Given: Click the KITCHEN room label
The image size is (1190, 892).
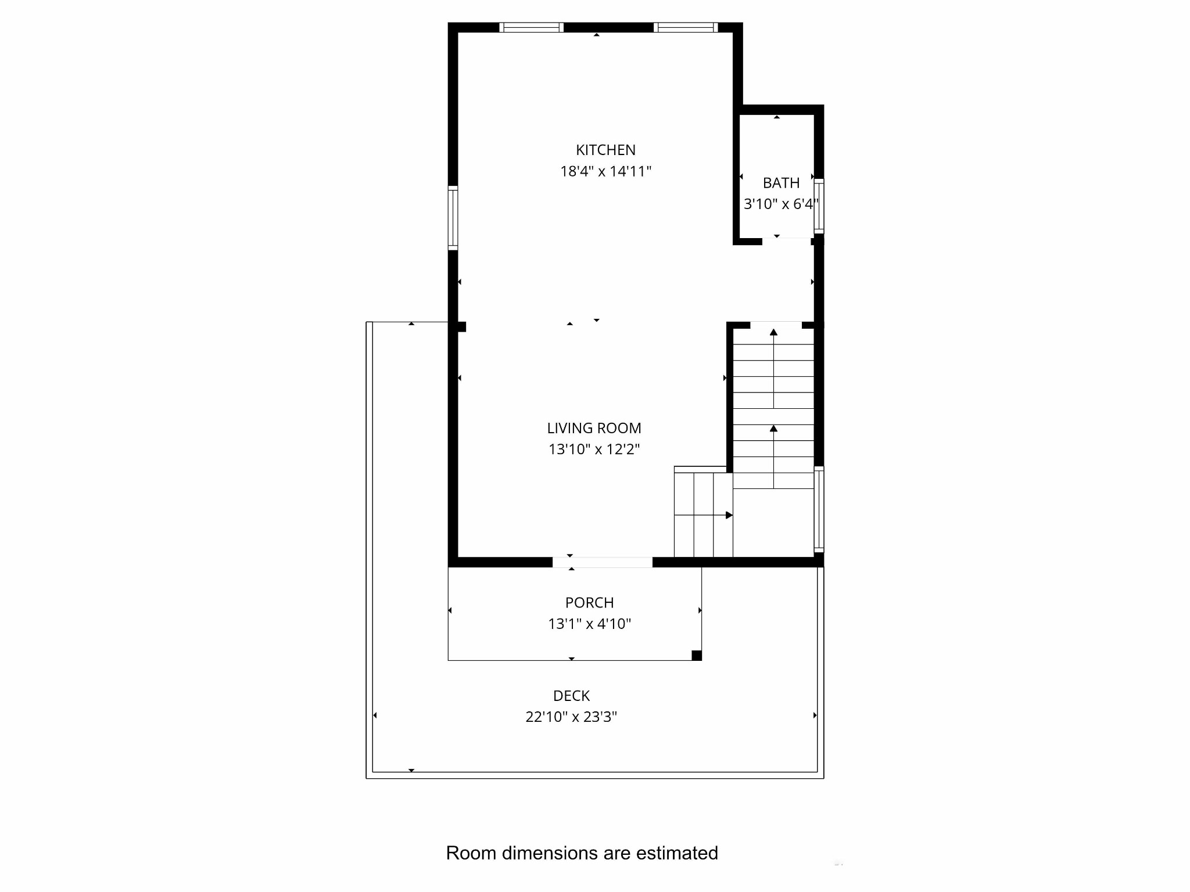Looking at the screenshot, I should coord(605,150).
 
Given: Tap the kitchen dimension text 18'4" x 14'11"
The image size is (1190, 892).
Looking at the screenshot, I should coord(605,171).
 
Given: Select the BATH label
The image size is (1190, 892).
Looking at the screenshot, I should coord(781,183).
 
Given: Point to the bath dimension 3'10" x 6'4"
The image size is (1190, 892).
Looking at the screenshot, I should coord(781,204).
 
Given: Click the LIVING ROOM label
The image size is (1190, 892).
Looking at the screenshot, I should coord(594,428).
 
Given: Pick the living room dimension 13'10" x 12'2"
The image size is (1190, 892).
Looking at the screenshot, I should coord(594,449).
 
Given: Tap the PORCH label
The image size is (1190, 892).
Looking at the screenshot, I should coord(589,603).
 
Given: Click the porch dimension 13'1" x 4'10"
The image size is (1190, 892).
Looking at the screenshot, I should coord(589,624).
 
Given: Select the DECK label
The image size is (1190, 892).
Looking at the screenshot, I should coord(571,696).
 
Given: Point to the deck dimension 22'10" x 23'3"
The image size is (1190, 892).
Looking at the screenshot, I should coord(571,717).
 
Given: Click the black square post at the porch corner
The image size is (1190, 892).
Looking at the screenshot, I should coord(697,656).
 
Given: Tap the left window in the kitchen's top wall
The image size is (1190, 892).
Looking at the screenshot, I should coord(531,27).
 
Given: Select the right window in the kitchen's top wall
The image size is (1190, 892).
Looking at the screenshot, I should coord(686,27).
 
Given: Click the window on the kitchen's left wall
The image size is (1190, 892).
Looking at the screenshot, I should coord(453,218).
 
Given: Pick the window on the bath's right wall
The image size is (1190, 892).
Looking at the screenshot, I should coord(819,206).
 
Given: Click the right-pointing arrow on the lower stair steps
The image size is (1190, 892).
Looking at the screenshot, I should coord(729,515).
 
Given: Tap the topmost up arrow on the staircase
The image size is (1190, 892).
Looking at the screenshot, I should coord(773,332).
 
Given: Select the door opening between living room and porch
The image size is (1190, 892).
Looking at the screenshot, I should coord(602,562).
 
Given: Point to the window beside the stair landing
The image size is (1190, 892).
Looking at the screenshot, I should coord(819,509).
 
